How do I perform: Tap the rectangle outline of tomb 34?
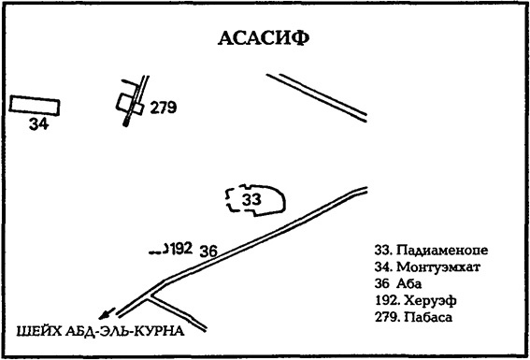click(35, 105)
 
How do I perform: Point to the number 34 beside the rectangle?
click(37, 123)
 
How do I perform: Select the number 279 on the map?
click(164, 108)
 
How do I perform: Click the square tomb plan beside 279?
click(130, 102)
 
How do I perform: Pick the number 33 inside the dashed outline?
click(251, 199)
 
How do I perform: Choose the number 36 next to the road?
click(208, 250)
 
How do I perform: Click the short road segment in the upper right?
click(316, 95)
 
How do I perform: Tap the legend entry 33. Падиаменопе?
click(431, 250)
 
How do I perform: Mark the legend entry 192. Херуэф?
click(415, 300)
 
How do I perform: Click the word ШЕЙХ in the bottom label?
click(36, 331)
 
